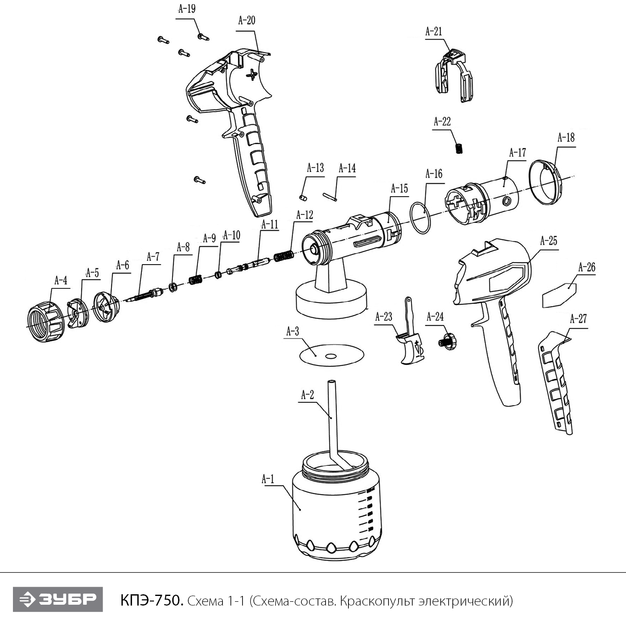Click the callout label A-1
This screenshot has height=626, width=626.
pyautogui.click(x=268, y=479)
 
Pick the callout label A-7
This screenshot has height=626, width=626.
pyautogui.click(x=153, y=257)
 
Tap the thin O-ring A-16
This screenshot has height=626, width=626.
pyautogui.click(x=420, y=218)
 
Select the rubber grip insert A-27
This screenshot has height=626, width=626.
pyautogui.click(x=555, y=380)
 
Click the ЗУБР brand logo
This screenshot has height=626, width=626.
pyautogui.click(x=58, y=600)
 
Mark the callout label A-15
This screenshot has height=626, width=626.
pyautogui.click(x=399, y=189)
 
